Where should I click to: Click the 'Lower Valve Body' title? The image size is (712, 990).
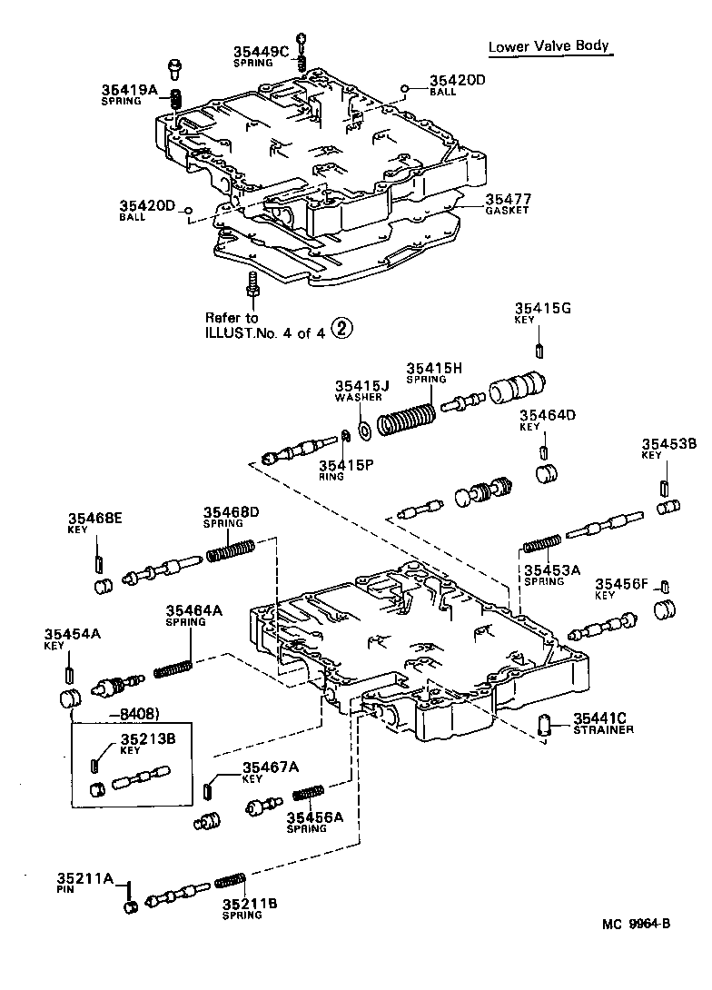click(x=548, y=47)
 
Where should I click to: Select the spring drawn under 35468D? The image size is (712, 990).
click(x=231, y=550)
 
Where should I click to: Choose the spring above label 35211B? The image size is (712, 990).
click(x=230, y=880)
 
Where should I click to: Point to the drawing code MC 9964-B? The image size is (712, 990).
click(x=635, y=925)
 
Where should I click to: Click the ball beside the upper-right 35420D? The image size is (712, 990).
click(x=403, y=88)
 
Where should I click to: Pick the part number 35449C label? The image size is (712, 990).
click(x=259, y=52)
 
